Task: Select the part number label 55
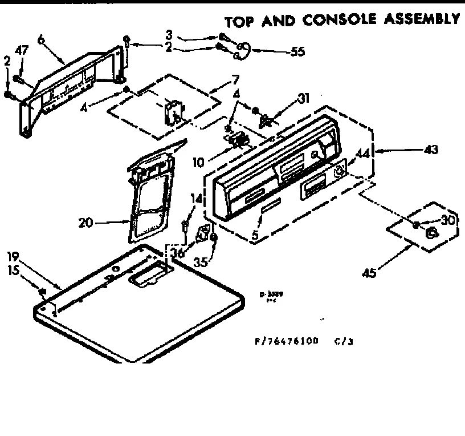click(297, 51)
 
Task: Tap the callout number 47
click(22, 50)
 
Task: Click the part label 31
click(304, 98)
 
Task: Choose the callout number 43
click(430, 150)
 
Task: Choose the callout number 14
click(195, 199)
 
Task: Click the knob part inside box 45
click(431, 233)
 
